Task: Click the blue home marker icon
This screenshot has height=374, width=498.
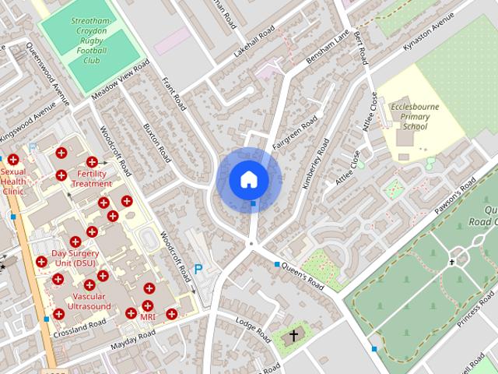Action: [x=249, y=179]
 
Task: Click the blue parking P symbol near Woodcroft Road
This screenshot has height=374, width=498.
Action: [x=198, y=270]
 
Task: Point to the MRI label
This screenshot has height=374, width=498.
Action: [x=148, y=317]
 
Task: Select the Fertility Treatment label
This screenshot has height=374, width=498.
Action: [x=92, y=178]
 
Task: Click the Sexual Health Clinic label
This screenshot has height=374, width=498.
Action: [x=13, y=181]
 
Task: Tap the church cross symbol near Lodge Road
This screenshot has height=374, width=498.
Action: [x=293, y=337]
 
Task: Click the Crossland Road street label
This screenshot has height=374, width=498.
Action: [x=79, y=328]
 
